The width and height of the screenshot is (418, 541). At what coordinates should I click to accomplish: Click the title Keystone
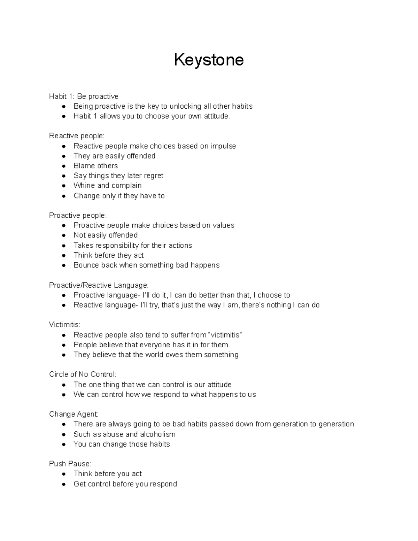click(x=209, y=60)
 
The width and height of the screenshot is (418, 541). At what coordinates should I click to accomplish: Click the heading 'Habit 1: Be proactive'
click(x=84, y=96)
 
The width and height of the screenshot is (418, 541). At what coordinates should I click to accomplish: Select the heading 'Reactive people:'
click(x=77, y=136)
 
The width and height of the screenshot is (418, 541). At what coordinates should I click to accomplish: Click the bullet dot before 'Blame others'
click(x=64, y=166)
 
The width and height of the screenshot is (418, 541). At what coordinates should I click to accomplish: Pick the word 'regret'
click(x=153, y=176)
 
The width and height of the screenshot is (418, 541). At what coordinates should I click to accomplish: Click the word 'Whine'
click(x=84, y=186)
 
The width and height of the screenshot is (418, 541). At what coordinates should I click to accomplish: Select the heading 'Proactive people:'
click(x=78, y=216)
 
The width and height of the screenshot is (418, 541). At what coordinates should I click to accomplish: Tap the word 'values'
click(x=223, y=225)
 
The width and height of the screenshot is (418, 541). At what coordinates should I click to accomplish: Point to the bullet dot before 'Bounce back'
click(x=64, y=265)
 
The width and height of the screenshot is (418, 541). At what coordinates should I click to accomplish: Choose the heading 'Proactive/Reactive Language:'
click(x=99, y=286)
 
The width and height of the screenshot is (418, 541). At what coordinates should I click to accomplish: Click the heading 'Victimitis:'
click(x=64, y=325)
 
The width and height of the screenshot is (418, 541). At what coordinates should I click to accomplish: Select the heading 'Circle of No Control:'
click(x=83, y=374)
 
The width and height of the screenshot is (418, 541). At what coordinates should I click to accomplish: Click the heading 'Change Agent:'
click(x=74, y=414)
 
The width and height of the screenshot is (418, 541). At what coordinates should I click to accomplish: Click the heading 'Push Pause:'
click(x=70, y=464)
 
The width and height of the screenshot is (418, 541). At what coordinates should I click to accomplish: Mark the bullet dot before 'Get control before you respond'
click(x=64, y=484)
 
